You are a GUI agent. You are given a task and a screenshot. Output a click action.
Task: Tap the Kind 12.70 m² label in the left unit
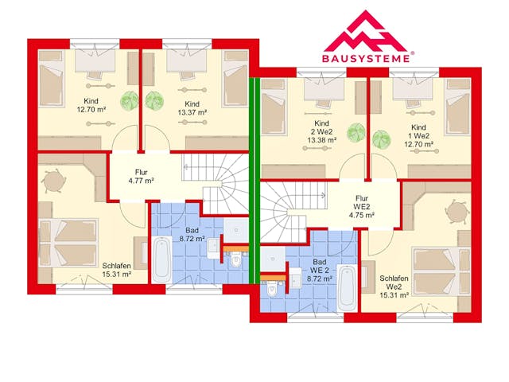pyautogui.click(x=91, y=105)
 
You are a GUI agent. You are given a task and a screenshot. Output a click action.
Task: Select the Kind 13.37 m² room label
pyautogui.click(x=192, y=108)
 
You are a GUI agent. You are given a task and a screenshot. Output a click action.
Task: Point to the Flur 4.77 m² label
pyautogui.click(x=142, y=177)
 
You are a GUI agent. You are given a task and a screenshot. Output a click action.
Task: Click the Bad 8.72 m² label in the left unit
pyautogui.click(x=192, y=235)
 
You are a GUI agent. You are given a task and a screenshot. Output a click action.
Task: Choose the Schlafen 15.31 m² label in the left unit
pyautogui.click(x=117, y=270)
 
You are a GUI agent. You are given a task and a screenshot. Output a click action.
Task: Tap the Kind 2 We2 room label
pyautogui.click(x=321, y=131)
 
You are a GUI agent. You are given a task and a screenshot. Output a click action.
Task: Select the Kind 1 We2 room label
pyautogui.click(x=419, y=136)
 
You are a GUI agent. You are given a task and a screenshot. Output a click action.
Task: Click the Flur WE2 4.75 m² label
pyautogui.click(x=362, y=207)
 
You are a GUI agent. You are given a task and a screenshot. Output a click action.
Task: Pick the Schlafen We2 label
pyautogui.click(x=394, y=286)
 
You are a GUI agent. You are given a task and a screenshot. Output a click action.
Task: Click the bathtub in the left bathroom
pyautogui.click(x=161, y=260)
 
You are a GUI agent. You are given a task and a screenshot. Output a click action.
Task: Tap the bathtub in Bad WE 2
pyautogui.click(x=347, y=288)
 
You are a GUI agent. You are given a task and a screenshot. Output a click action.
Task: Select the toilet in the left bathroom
pyautogui.click(x=236, y=259)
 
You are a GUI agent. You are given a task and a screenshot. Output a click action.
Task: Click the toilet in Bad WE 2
pyautogui.click(x=272, y=289)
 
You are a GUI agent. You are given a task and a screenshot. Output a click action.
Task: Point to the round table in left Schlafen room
pyautogui.click(x=53, y=181)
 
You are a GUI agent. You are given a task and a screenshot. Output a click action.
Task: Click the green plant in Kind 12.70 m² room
pyautogui.click(x=129, y=100)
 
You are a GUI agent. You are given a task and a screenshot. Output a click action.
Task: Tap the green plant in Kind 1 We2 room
pyautogui.click(x=381, y=138)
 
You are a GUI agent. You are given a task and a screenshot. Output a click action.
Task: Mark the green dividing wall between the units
pyautogui.click(x=254, y=181)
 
